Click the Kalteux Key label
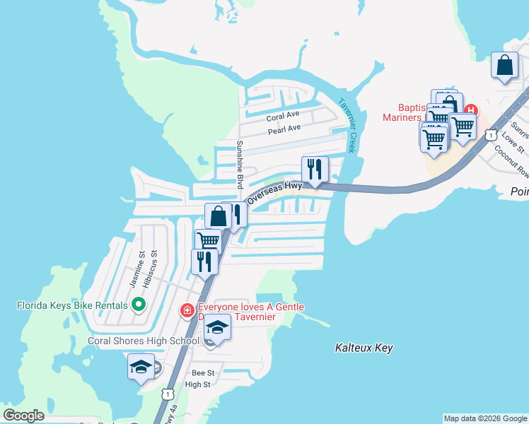point(364,348)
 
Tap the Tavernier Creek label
point(347,124)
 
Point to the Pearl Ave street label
point(284,129)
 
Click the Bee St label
point(203,372)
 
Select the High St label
point(197,384)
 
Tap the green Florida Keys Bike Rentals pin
point(139,305)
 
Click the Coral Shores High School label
point(144,341)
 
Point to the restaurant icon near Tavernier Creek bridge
point(315,170)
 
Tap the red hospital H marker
point(471,110)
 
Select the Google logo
point(24,416)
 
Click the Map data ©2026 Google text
point(484,418)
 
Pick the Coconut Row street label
point(512,163)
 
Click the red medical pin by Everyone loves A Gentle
point(187,310)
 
